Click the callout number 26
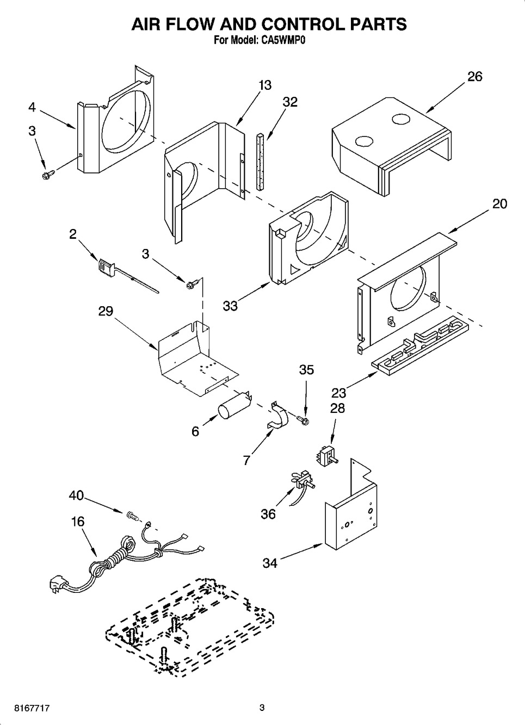coord(474,77)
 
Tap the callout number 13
coord(265,85)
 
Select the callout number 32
coord(290,102)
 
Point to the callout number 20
coord(499,204)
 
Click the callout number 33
coord(230,306)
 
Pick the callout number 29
coord(106,311)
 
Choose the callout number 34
coord(270,563)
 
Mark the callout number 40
coord(77,495)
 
